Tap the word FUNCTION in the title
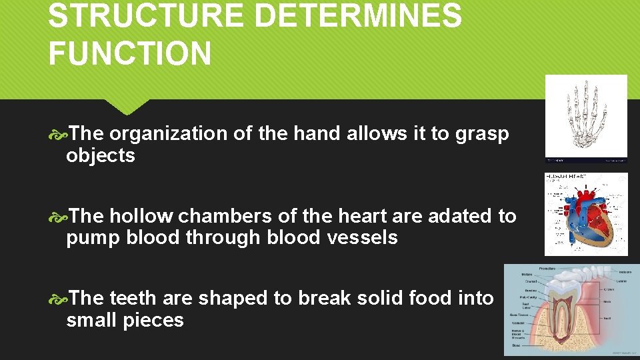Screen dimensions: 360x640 [x=129, y=53]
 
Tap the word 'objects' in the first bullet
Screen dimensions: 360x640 [x=100, y=156]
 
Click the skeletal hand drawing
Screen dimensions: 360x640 [x=586, y=114]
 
